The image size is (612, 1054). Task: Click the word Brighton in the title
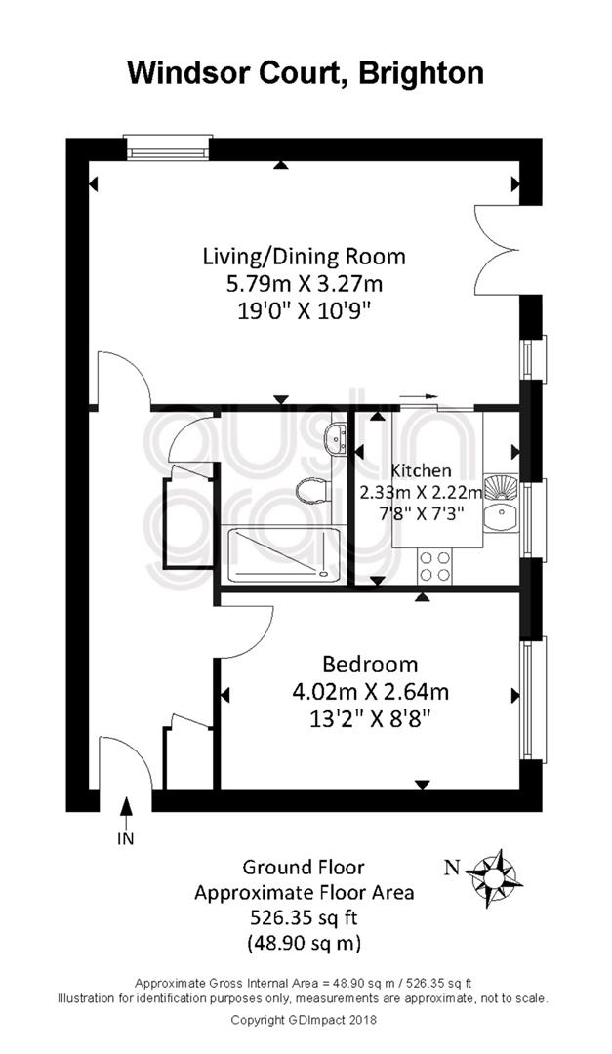[421, 73]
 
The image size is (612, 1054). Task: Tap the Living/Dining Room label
[305, 256]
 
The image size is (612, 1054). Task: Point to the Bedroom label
[371, 665]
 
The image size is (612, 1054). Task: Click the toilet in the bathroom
[313, 490]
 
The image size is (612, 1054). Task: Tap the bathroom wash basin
[335, 438]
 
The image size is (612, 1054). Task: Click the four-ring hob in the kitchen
[435, 566]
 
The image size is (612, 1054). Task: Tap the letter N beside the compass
[453, 868]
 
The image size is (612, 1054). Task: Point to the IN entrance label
[126, 838]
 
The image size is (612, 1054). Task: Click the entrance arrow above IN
[126, 812]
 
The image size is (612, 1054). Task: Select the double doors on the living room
[499, 250]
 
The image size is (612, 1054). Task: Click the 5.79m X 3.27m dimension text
[305, 284]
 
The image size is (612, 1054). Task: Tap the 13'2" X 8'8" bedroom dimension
[371, 719]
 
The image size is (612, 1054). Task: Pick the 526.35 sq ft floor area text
[304, 916]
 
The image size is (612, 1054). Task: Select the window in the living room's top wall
[168, 148]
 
